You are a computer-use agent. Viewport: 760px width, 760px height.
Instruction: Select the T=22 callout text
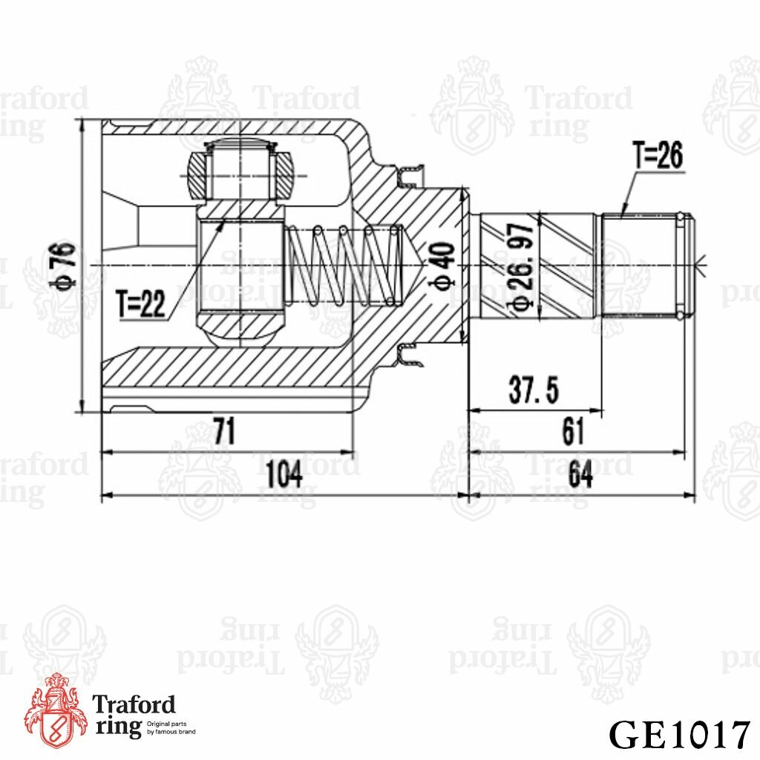pos(141,304)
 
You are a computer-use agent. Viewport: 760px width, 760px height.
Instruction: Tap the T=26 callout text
pos(658,156)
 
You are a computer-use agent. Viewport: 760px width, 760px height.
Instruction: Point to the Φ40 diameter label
pos(443,265)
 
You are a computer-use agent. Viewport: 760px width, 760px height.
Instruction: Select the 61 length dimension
pos(573,432)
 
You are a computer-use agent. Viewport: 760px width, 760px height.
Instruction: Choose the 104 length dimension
pos(284,474)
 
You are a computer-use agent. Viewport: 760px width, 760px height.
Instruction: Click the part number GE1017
pos(678,734)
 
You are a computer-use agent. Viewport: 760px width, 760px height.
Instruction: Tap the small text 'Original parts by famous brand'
pos(171,727)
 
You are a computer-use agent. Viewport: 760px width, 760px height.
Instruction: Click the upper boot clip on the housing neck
pos(407,177)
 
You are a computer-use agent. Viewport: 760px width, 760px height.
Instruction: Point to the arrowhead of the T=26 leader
pos(622,214)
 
